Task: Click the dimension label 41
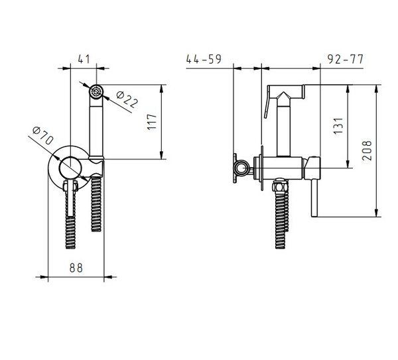click(x=84, y=59)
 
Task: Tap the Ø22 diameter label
click(x=127, y=99)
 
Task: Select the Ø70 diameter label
click(x=43, y=135)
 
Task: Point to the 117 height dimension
click(x=152, y=122)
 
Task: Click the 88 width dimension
click(x=76, y=268)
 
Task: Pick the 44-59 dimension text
click(x=204, y=59)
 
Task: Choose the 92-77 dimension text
click(x=346, y=60)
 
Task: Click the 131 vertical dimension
click(x=338, y=126)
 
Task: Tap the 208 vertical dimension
click(x=367, y=150)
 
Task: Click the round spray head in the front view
click(x=96, y=91)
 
